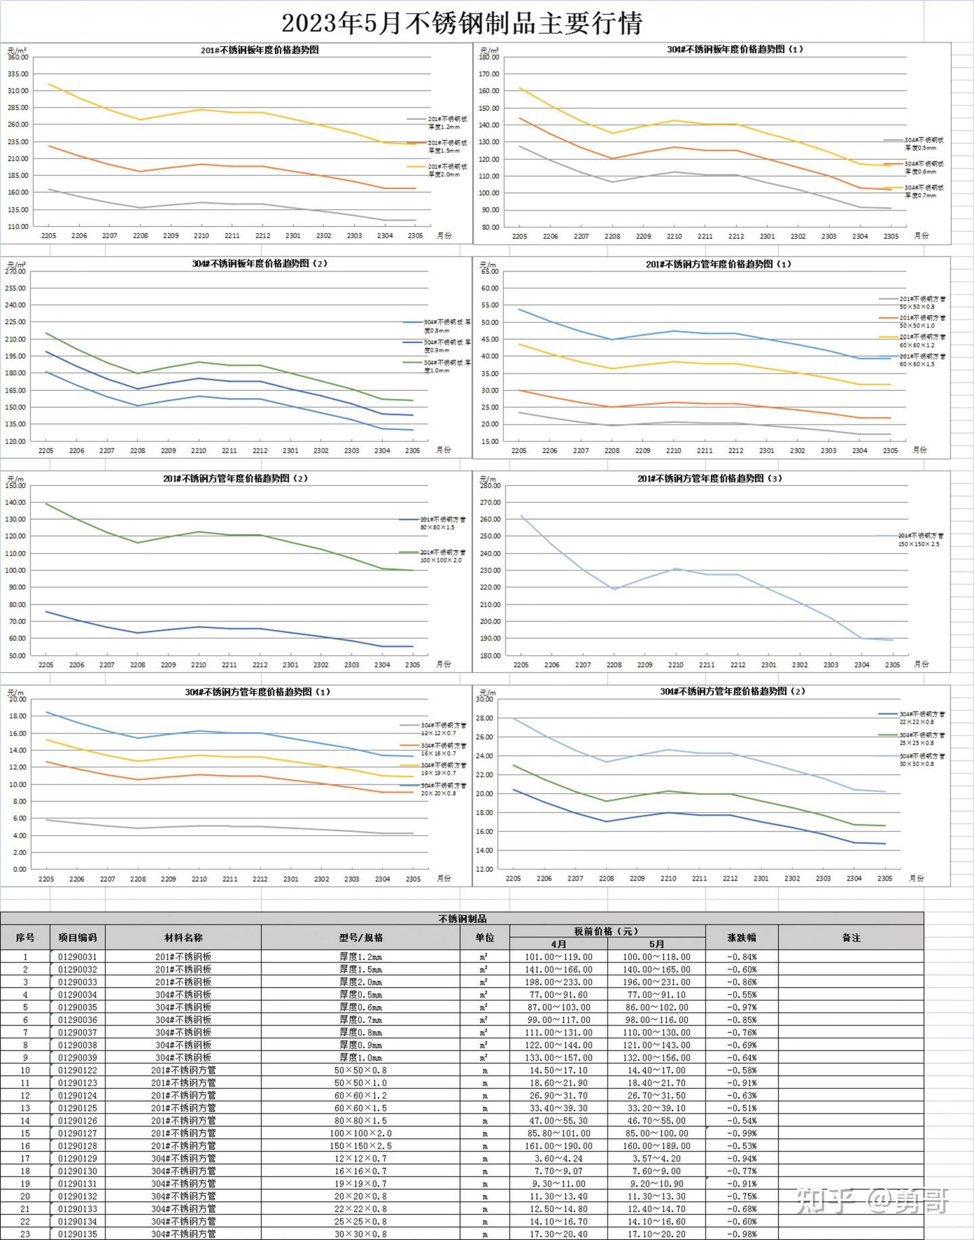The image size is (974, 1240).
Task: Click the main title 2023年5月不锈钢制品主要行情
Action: tap(461, 24)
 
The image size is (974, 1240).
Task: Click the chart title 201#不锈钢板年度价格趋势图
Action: tap(260, 50)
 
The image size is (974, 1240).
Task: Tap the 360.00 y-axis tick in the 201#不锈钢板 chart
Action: tap(18, 57)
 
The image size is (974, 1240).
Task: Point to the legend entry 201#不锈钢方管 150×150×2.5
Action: tap(920, 539)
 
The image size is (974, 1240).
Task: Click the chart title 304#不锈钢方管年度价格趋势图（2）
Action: tap(733, 692)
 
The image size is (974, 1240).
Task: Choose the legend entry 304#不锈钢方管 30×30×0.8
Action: tap(921, 759)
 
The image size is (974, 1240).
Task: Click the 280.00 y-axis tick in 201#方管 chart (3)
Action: tap(490, 485)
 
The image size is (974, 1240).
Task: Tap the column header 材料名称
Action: tap(183, 937)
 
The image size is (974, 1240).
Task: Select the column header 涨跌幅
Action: tap(741, 937)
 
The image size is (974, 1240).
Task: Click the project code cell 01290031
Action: tap(77, 957)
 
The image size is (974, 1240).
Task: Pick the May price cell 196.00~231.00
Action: tap(656, 982)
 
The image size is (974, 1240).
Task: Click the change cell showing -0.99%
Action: tap(741, 1133)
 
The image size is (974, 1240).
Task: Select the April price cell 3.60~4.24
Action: tap(559, 1158)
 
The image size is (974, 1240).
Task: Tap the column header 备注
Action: tap(850, 937)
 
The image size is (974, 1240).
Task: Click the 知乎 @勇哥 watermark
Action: tap(872, 1201)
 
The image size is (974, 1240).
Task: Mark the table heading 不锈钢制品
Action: tap(462, 918)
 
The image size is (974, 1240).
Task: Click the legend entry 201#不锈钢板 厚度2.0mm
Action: tap(446, 170)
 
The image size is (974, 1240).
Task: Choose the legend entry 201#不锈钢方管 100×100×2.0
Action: tap(440, 556)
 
